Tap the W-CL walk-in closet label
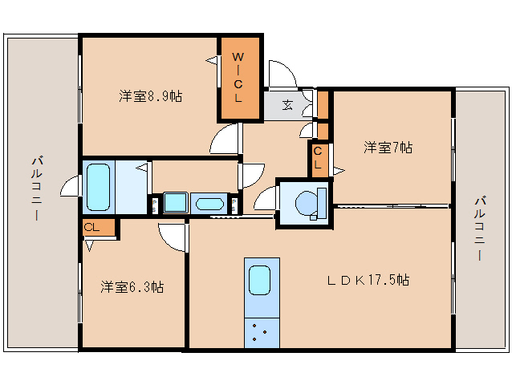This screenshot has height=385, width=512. (x=238, y=77)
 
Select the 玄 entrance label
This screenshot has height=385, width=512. (x=286, y=104)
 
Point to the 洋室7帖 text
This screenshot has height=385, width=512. (x=388, y=148)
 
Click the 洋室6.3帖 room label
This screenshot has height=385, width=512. (x=132, y=286)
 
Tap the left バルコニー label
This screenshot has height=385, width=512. (x=37, y=188)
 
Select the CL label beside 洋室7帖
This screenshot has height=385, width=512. (x=319, y=158)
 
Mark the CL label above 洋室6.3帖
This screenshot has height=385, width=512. (x=92, y=228)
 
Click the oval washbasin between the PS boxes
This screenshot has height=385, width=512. (x=209, y=203)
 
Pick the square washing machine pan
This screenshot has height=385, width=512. (x=175, y=202)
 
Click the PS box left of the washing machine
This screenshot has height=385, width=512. (x=154, y=204)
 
